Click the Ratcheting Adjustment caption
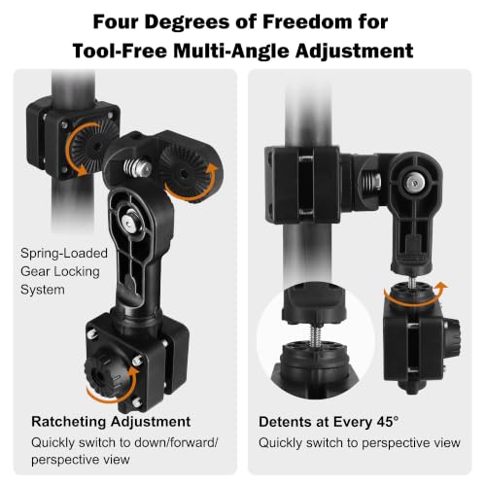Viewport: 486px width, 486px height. (111, 422)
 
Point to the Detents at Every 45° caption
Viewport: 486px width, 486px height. (329, 422)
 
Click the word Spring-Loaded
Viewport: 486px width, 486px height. (64, 254)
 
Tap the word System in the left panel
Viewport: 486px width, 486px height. (43, 290)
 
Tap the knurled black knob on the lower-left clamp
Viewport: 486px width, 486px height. (99, 374)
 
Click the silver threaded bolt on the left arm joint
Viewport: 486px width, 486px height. (138, 167)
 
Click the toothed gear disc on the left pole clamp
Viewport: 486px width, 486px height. (91, 145)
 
